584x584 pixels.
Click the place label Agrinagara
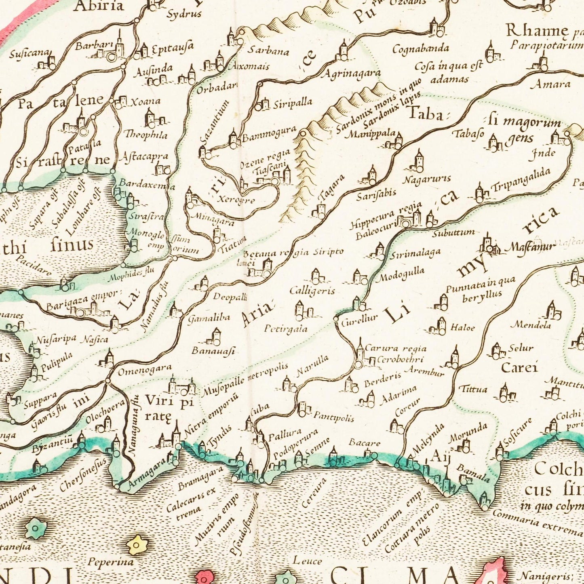click(x=351, y=74)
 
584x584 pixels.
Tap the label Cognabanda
click(x=421, y=49)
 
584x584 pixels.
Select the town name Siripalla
click(x=293, y=103)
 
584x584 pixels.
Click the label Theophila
click(x=145, y=135)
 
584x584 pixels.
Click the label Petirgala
click(x=286, y=329)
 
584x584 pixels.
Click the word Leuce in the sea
click(x=307, y=561)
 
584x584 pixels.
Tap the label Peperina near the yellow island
click(x=105, y=562)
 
